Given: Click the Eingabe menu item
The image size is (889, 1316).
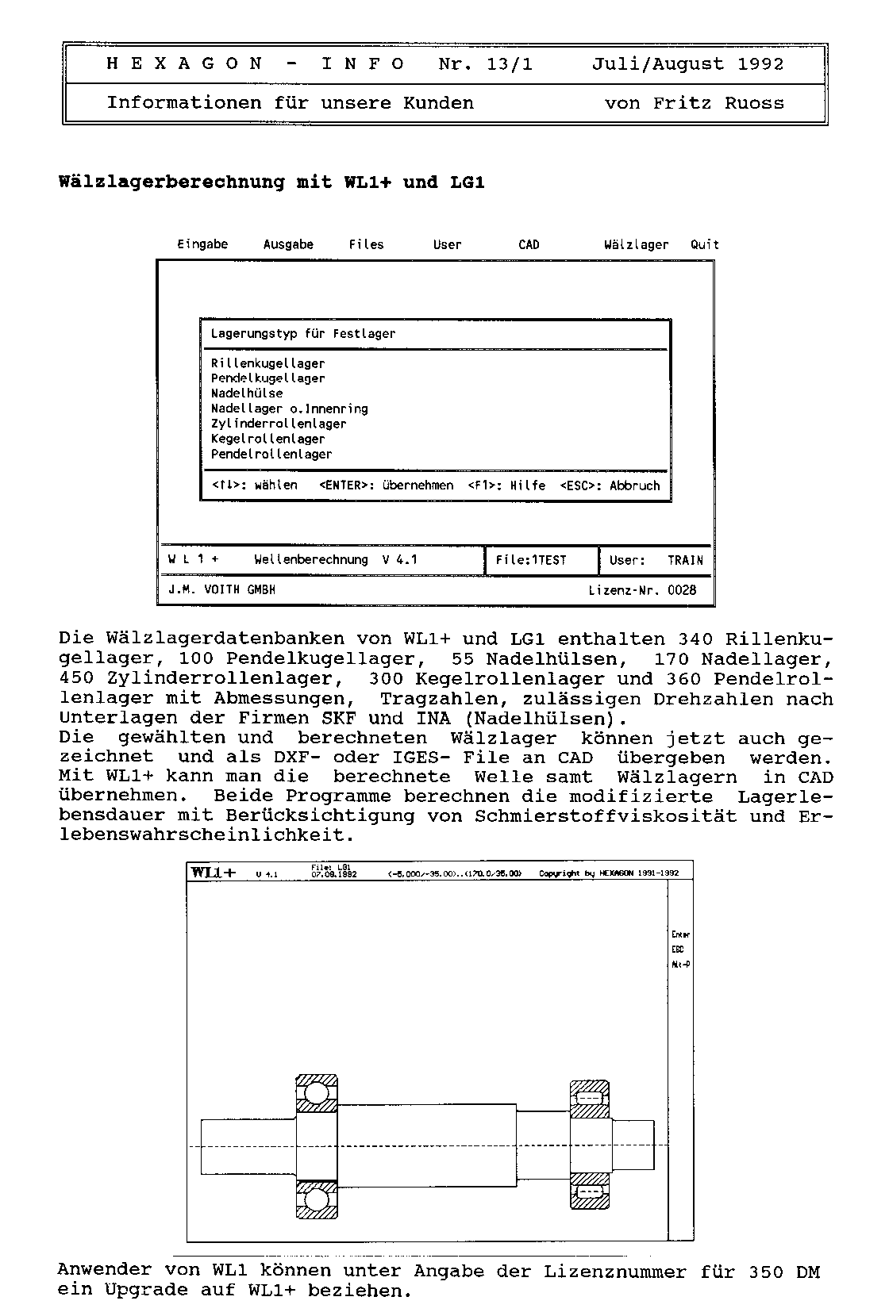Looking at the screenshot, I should [x=202, y=244].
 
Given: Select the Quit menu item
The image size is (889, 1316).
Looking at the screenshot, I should [x=704, y=244].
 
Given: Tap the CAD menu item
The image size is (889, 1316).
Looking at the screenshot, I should [x=529, y=244].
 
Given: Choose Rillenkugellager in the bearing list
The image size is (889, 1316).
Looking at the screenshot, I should [x=267, y=363].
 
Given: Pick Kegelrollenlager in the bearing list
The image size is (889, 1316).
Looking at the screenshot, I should [x=267, y=439].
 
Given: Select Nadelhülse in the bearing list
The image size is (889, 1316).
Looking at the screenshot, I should [x=247, y=393].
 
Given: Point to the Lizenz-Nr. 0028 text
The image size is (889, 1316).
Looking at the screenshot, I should [x=642, y=590].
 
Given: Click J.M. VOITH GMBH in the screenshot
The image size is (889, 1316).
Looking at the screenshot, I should [x=221, y=590].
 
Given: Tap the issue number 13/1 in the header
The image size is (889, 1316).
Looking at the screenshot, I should [x=509, y=64].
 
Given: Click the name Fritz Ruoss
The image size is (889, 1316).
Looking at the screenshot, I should [x=718, y=103].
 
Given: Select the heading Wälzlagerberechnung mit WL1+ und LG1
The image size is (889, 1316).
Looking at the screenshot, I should [x=271, y=182].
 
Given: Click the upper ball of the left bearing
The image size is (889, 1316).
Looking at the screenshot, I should [x=317, y=1095].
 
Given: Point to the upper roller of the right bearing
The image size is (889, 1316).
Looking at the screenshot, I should [x=590, y=1099].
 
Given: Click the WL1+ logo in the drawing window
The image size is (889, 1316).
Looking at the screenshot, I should [x=214, y=873].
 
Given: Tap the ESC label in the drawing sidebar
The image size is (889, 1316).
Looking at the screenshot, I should [x=677, y=950].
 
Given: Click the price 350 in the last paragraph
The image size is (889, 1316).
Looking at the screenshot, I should [x=765, y=1272].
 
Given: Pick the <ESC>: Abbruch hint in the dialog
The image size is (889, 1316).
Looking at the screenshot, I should [x=610, y=485].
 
